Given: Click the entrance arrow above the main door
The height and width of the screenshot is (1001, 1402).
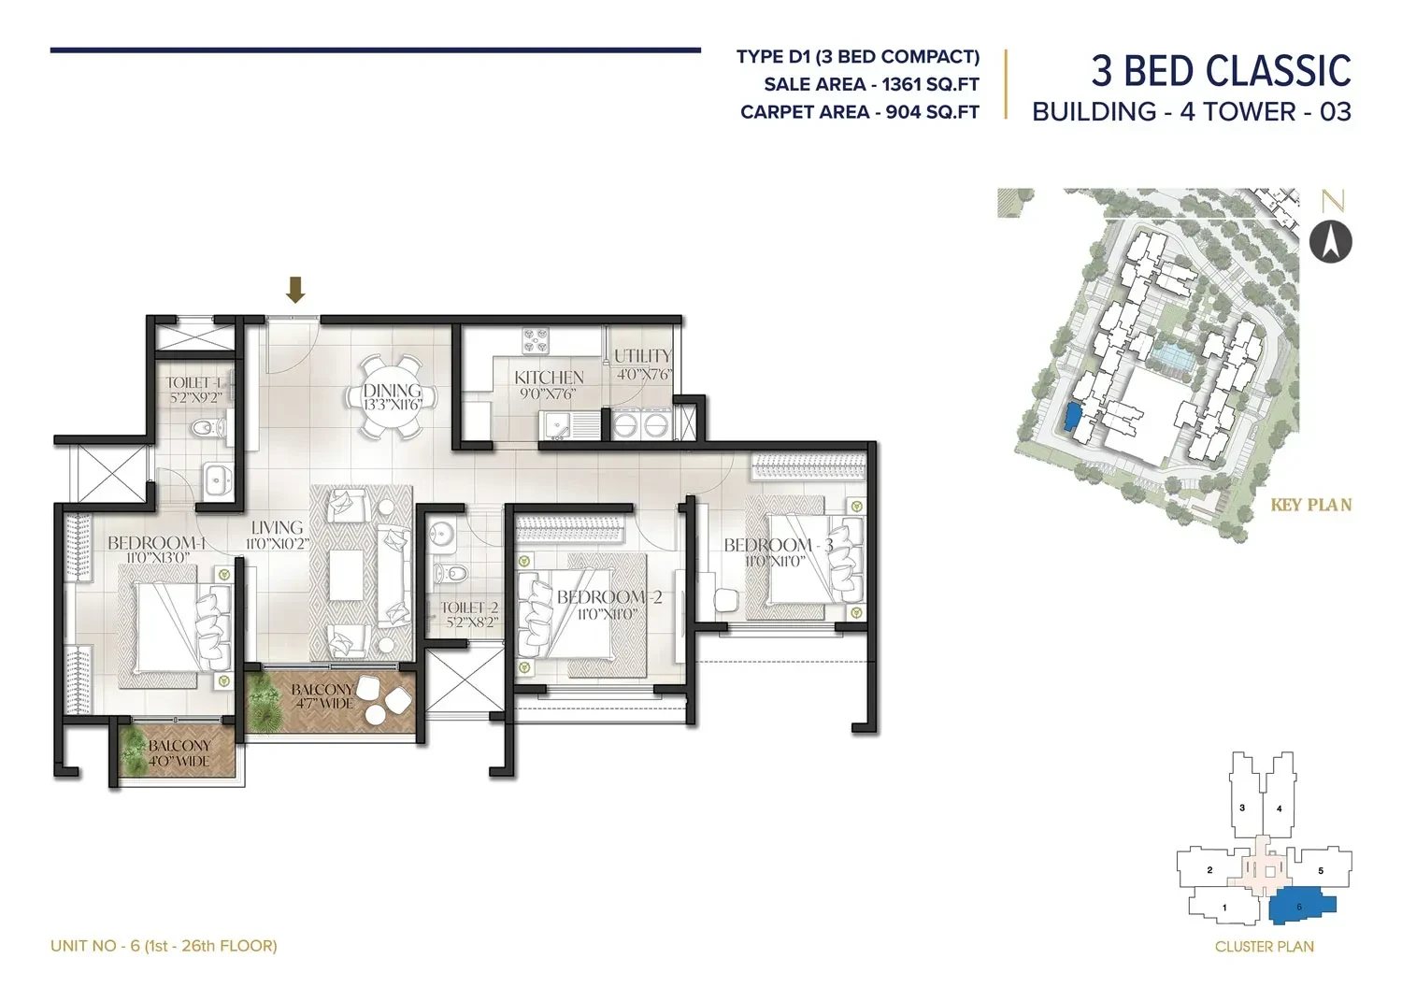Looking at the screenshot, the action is tap(295, 290).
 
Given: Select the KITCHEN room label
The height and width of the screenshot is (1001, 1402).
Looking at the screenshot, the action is tap(549, 378).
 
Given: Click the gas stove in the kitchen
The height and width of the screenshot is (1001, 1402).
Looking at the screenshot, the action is tap(536, 341).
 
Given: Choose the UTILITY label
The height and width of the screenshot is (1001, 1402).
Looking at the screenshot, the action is tap(642, 356).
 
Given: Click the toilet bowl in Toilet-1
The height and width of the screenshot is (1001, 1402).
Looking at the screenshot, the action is tap(207, 428).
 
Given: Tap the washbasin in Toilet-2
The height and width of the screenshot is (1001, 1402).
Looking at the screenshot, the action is tap(442, 536).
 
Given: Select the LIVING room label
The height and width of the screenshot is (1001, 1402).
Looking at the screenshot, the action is tap(277, 528).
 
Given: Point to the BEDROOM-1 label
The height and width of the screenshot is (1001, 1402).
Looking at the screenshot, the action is tap(156, 543).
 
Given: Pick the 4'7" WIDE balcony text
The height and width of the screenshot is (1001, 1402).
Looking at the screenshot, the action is tap(324, 704).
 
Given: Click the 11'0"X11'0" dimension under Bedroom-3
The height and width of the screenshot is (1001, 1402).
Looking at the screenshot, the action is tap(774, 561).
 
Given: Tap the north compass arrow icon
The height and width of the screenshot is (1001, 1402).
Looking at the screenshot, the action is tap(1330, 242).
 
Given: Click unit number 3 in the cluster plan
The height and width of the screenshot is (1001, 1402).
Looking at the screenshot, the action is tap(1242, 808).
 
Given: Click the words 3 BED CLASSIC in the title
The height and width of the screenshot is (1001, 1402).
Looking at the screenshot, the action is tap(1221, 71).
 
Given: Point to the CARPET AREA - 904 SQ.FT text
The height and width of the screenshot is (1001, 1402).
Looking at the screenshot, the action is tap(859, 112).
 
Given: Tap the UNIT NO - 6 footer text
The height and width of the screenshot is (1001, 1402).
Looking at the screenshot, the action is tap(164, 945).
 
